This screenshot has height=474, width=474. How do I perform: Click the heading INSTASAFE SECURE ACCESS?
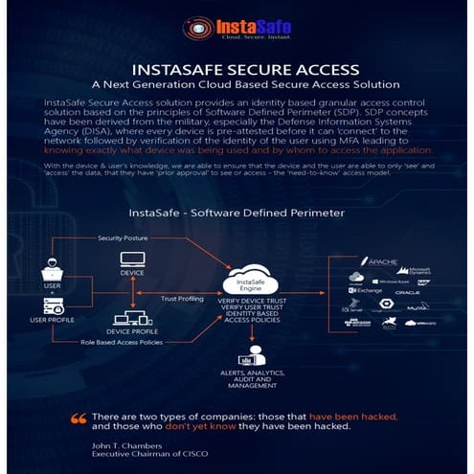point(237,70)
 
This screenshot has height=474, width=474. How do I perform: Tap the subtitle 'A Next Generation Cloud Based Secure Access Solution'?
point(237,85)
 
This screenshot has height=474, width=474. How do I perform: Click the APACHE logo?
point(379,261)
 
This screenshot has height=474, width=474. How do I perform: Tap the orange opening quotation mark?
point(79,418)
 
